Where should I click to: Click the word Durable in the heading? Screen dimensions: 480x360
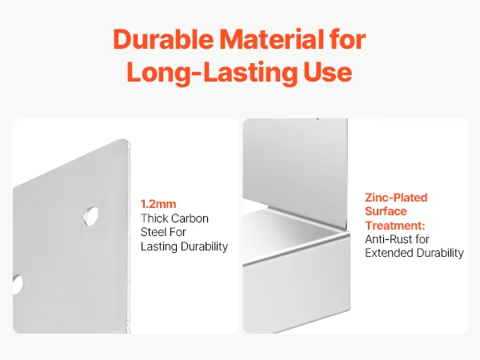click(163, 39)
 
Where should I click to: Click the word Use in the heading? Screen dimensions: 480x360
click(328, 72)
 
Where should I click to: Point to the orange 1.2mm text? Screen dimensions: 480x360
click(158, 204)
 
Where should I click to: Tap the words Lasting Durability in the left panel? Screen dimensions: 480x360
click(184, 246)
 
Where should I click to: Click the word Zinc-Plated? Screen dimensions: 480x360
click(396, 198)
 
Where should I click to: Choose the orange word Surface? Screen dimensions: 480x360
click(386, 211)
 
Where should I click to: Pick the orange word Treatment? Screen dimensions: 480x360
click(395, 226)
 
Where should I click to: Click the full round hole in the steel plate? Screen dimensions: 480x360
click(91, 216)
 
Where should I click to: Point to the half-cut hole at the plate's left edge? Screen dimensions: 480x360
click(18, 285)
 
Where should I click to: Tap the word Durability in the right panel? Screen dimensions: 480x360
click(440, 253)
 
